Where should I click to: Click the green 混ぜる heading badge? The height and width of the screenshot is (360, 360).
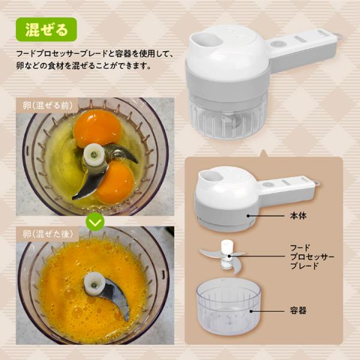[x=46, y=29]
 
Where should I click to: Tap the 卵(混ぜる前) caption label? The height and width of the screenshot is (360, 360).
[x=47, y=106]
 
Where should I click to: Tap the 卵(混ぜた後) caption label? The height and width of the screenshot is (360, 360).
[x=48, y=234]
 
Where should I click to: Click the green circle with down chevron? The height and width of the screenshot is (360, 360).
[x=95, y=221]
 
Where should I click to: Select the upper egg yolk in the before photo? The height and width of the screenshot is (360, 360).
[x=97, y=128]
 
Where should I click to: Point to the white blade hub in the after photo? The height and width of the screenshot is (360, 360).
[x=95, y=284]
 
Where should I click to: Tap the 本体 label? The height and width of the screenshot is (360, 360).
[x=298, y=216]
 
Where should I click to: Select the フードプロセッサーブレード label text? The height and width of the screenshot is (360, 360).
[x=312, y=257]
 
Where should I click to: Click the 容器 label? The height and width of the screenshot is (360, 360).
[x=298, y=311]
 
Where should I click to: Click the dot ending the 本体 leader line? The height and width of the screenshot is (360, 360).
[x=248, y=216]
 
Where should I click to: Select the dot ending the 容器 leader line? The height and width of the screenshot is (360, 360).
[x=251, y=311]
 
